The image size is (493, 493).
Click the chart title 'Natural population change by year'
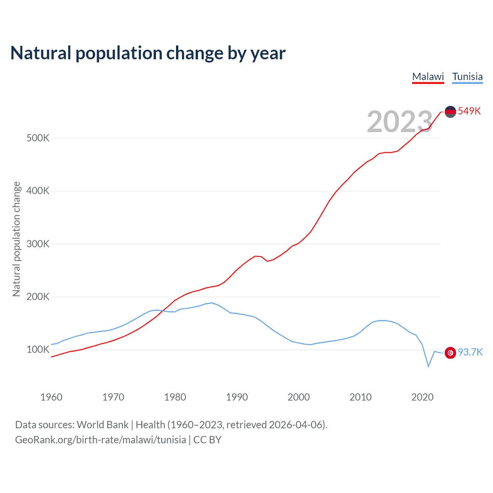point(148,53)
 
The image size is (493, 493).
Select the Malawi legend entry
point(428,77)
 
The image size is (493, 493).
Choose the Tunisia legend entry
point(467,77)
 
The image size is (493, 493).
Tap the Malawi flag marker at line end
point(450,112)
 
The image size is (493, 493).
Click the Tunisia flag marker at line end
point(450,352)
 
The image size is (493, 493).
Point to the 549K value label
point(470,111)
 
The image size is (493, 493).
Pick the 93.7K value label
point(470,352)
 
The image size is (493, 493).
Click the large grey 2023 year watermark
point(400,122)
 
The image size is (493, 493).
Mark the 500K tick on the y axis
point(38,138)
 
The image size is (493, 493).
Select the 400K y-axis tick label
point(38,191)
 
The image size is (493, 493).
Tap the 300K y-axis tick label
point(38,244)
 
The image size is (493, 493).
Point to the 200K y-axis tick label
point(38,297)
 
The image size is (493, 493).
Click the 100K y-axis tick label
point(38,350)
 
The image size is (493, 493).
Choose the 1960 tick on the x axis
point(51,397)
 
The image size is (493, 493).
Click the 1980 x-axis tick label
point(175,397)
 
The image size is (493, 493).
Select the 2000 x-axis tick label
point(298,397)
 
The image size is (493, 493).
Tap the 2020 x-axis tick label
point(422,397)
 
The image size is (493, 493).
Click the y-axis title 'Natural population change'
point(17,239)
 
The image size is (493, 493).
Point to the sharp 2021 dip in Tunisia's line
point(428,366)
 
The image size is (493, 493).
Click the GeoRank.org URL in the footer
point(101,440)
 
